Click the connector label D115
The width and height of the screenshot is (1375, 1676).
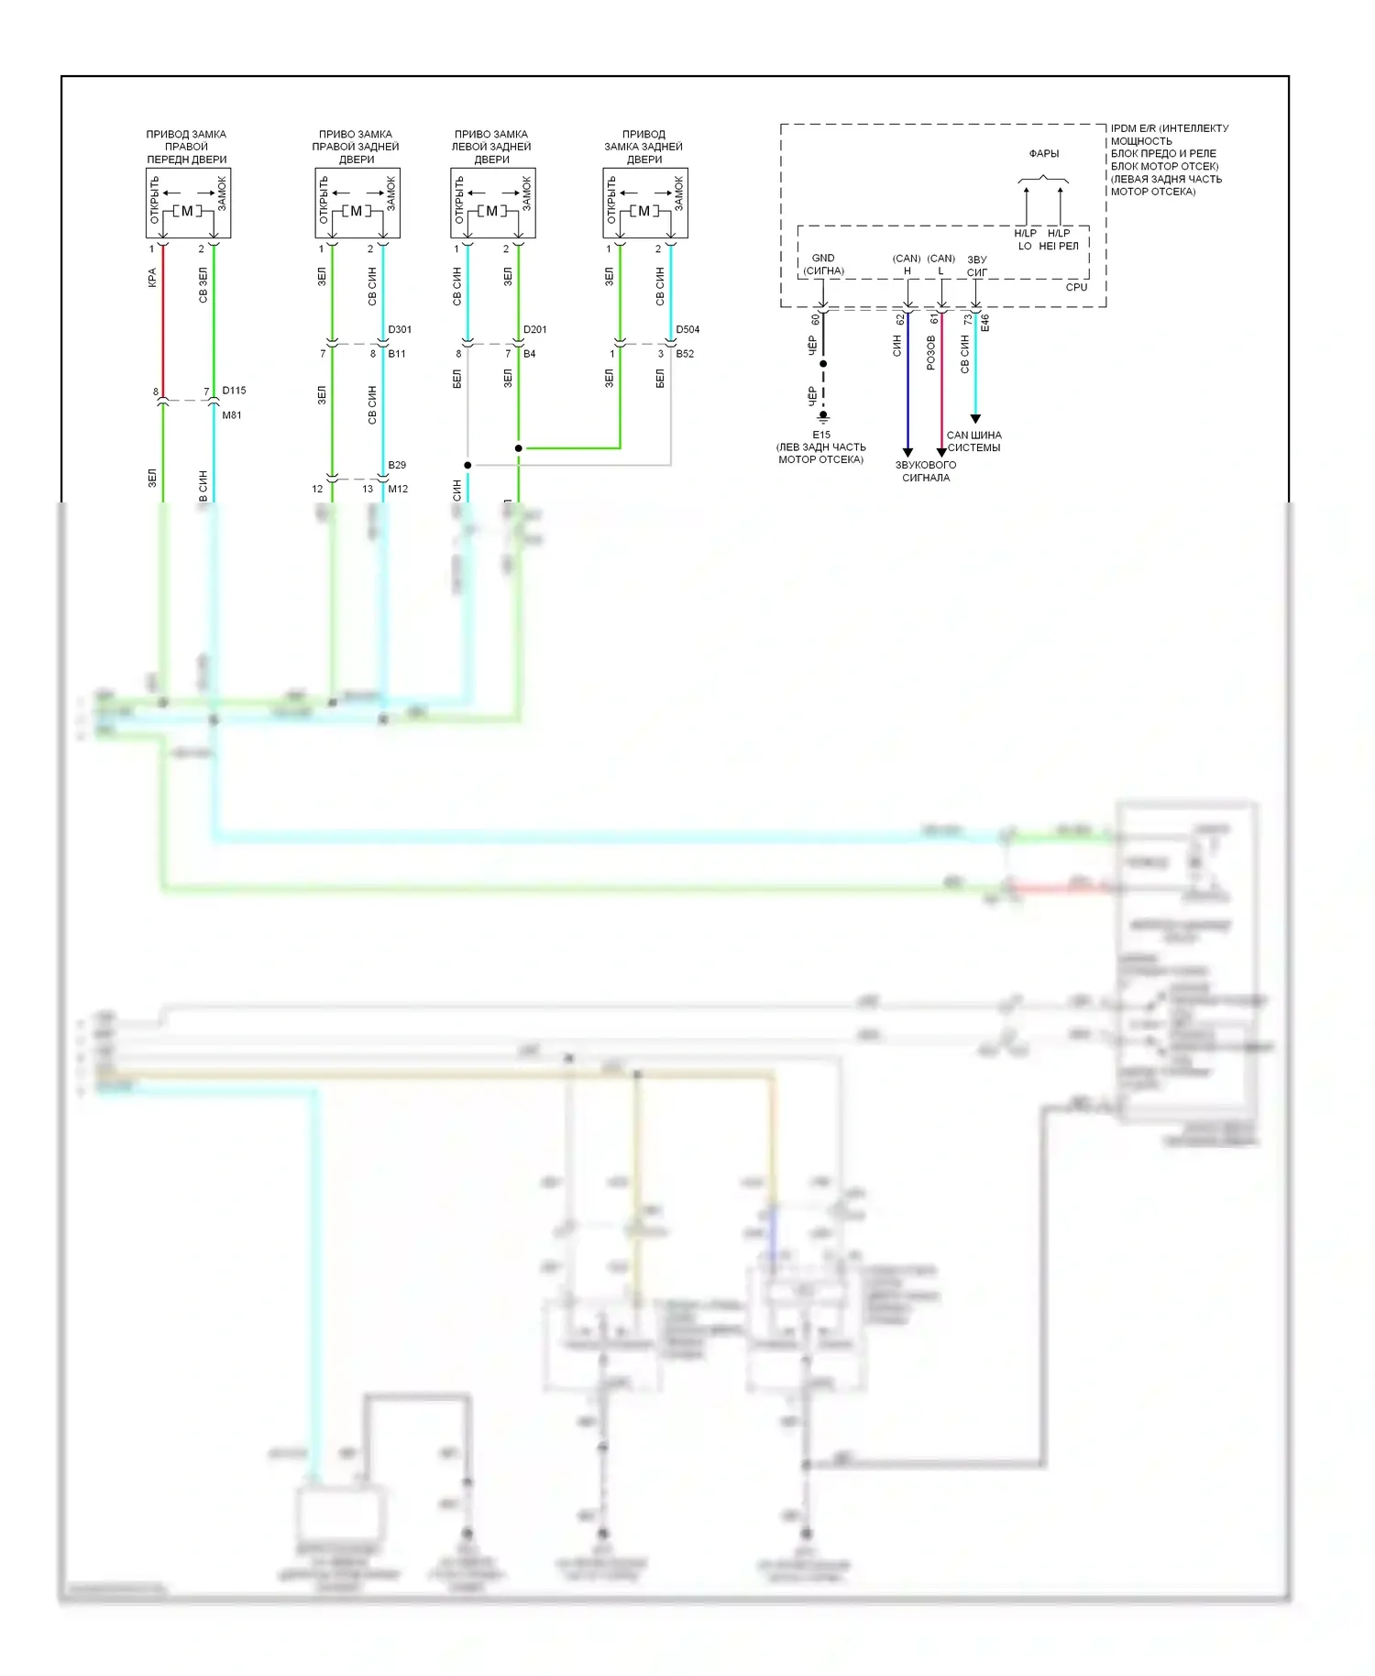pyautogui.click(x=234, y=391)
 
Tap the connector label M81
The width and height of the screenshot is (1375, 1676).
pyautogui.click(x=232, y=415)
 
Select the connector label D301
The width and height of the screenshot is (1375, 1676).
pyautogui.click(x=400, y=329)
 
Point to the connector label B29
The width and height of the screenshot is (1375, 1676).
pyautogui.click(x=397, y=465)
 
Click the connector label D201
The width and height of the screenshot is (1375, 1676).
pyautogui.click(x=534, y=329)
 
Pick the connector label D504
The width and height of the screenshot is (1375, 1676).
pyautogui.click(x=687, y=329)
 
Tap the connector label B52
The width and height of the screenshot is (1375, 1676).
pyautogui.click(x=685, y=354)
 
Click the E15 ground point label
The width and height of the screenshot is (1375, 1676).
pyautogui.click(x=821, y=436)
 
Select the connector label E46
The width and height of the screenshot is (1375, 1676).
pyautogui.click(x=985, y=323)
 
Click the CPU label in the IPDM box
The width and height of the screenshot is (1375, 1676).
pyautogui.click(x=1076, y=287)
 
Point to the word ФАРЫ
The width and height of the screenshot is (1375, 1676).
pyautogui.click(x=1043, y=154)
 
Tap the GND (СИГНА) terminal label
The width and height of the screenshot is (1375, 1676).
pyautogui.click(x=823, y=264)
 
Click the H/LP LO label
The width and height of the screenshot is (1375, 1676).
pyautogui.click(x=1025, y=239)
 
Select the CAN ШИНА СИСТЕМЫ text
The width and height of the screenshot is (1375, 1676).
pyautogui.click(x=973, y=441)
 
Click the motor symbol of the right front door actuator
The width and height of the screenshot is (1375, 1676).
pyautogui.click(x=187, y=211)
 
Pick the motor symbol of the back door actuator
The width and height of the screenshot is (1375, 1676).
pyautogui.click(x=643, y=211)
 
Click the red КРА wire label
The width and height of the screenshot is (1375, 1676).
pyautogui.click(x=152, y=278)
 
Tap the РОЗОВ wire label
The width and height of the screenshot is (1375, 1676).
pyautogui.click(x=931, y=353)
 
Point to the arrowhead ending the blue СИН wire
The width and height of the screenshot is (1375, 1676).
pyautogui.click(x=907, y=452)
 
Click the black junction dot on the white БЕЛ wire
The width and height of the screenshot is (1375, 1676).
pyautogui.click(x=467, y=465)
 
